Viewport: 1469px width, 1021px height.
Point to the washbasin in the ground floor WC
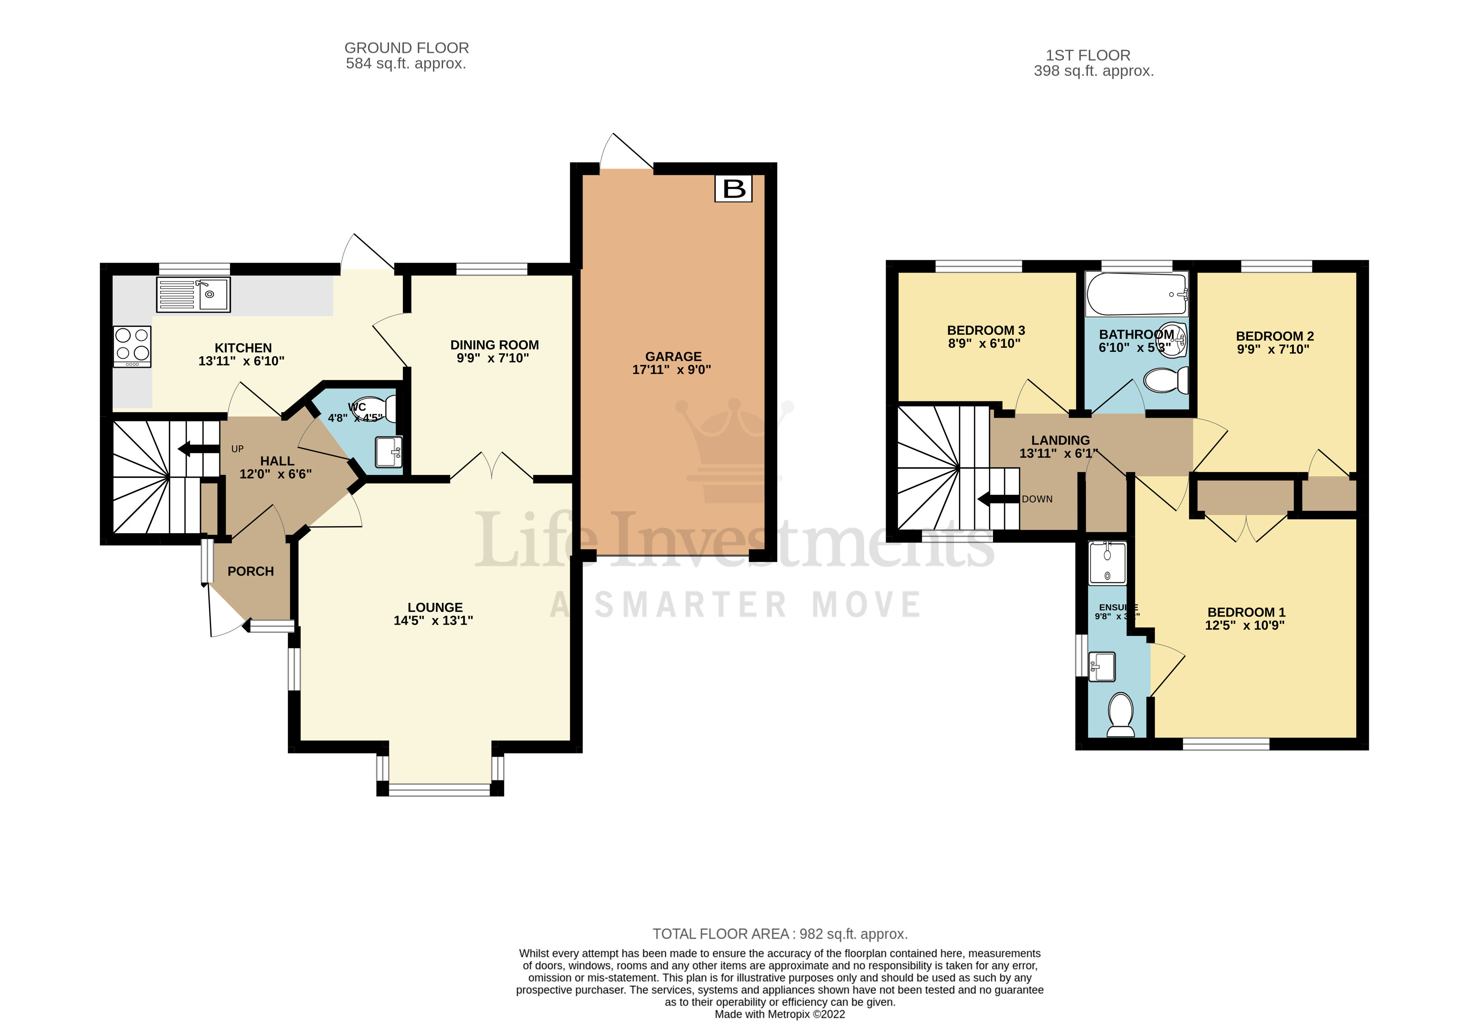coord(389,452)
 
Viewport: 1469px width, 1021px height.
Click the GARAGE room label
coord(673,357)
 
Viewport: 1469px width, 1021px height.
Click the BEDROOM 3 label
coord(985,330)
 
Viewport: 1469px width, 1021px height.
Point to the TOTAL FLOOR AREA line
coord(779,934)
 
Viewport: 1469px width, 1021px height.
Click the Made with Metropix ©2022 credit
coord(779,1014)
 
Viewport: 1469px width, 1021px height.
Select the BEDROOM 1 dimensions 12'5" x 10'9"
coord(1245,625)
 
